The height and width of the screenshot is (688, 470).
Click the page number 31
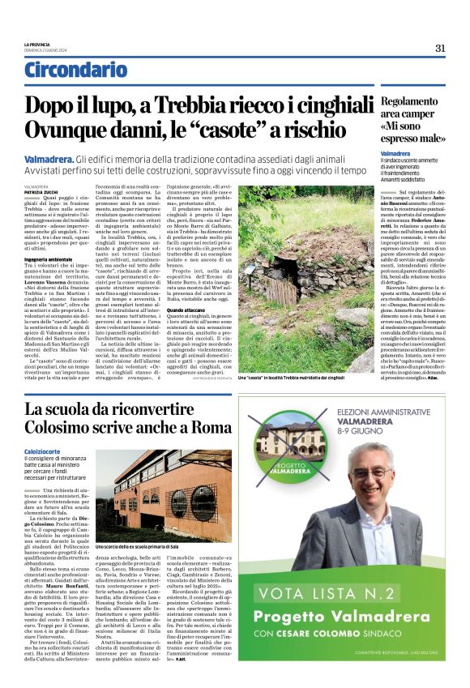[440, 48]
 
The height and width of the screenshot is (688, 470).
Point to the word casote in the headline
[264, 129]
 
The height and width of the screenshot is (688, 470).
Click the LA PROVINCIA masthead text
[36, 44]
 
